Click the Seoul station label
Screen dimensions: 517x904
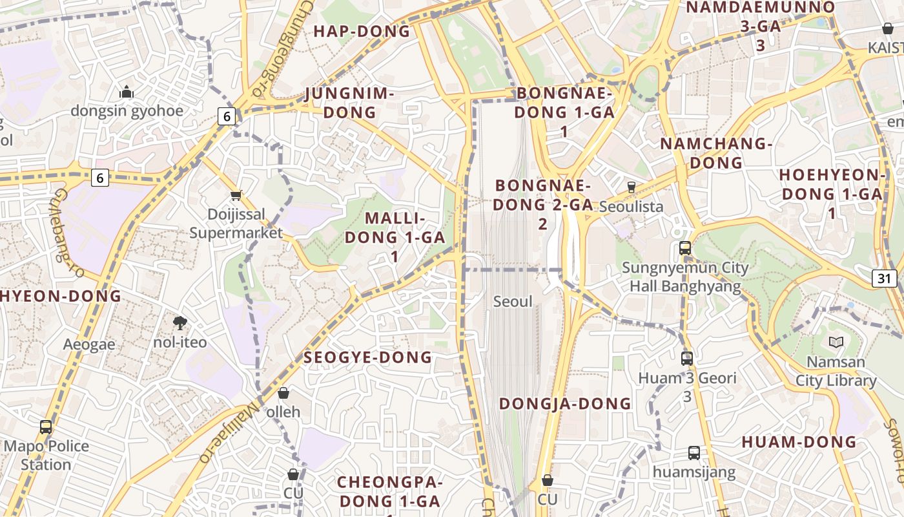point(513,302)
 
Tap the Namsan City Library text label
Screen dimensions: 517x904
point(836,371)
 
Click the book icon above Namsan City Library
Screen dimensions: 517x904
point(836,342)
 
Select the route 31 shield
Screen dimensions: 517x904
point(885,278)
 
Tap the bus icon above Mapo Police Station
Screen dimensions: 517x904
point(46,427)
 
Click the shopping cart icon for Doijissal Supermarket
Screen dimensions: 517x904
point(236,195)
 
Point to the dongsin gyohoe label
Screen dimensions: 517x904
point(127,111)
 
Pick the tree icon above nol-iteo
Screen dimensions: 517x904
point(180,322)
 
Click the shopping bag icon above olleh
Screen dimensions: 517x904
point(283,393)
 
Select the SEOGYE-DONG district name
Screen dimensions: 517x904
point(367,357)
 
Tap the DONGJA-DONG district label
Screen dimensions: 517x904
point(565,404)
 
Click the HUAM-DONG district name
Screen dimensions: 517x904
point(799,443)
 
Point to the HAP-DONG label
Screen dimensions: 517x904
point(362,31)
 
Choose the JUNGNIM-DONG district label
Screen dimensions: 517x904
point(349,103)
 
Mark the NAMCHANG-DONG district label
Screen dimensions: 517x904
point(716,153)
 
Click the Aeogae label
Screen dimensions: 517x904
point(89,344)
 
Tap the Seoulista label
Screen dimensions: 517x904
point(631,206)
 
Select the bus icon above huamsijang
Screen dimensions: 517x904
point(693,452)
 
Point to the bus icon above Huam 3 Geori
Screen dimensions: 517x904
point(687,357)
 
